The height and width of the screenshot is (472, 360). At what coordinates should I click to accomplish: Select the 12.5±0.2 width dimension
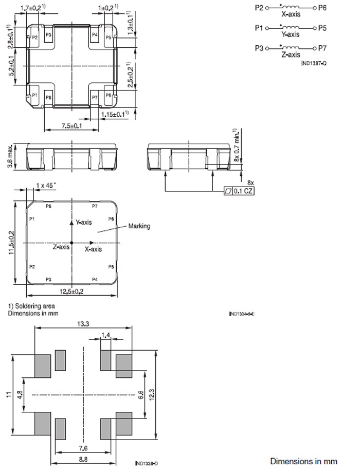(71, 292)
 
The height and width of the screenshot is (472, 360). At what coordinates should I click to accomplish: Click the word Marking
(139, 226)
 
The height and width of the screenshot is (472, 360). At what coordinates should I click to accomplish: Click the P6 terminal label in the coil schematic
(322, 8)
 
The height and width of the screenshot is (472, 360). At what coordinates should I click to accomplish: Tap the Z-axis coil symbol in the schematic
(291, 46)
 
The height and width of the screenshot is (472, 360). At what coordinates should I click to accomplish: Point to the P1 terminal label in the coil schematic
(259, 28)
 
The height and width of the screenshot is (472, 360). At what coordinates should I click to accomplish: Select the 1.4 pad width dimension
(106, 335)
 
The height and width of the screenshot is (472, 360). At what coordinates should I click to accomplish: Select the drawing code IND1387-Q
(314, 62)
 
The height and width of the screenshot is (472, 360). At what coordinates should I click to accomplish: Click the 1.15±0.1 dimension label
(114, 114)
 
